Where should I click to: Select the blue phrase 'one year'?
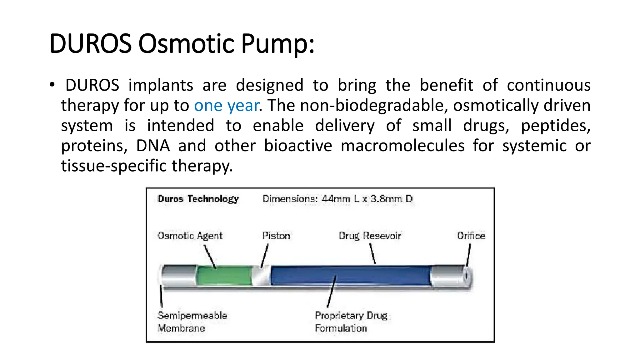[x=226, y=105]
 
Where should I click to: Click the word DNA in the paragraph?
[x=153, y=146]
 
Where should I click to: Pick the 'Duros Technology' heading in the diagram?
[x=198, y=199]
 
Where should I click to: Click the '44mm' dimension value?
[x=336, y=199]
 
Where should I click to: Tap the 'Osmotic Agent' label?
[x=190, y=236]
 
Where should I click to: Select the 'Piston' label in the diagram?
[x=276, y=236]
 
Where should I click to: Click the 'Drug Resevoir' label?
[x=370, y=236]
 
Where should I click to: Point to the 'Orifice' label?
[x=471, y=236]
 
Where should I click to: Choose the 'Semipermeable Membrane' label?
[x=192, y=322]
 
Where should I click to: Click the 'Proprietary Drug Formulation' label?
[x=351, y=322]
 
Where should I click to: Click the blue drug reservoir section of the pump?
[x=350, y=275]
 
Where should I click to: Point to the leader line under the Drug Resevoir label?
[x=372, y=253]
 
